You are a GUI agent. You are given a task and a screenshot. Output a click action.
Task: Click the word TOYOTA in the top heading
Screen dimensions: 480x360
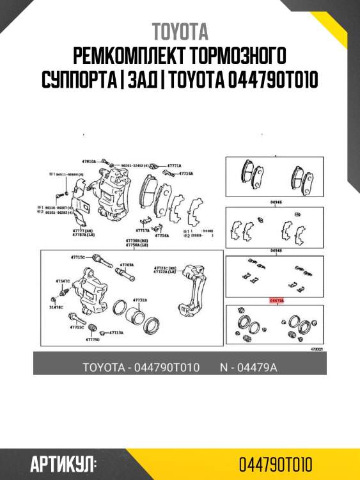[x=180, y=32]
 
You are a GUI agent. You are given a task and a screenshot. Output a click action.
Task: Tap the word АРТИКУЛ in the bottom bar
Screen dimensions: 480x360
[x=63, y=463]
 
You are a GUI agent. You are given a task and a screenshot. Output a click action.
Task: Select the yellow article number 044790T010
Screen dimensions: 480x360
[x=276, y=463]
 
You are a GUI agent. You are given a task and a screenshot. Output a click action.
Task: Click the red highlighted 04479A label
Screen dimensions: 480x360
[x=276, y=300]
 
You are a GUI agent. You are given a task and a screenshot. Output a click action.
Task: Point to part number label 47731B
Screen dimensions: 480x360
[x=139, y=300]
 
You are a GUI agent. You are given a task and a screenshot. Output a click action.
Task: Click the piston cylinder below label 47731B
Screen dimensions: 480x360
[x=136, y=317]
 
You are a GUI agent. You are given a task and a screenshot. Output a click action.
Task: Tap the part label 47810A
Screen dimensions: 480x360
[x=88, y=162]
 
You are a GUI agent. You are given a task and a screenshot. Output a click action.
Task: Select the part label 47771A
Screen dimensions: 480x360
[x=174, y=164]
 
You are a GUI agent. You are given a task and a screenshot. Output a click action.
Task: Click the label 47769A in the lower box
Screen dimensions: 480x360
[x=127, y=264]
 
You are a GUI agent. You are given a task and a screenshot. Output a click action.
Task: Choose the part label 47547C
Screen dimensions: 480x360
[x=62, y=280]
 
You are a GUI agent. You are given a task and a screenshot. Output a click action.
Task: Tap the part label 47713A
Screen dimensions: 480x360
[x=116, y=333]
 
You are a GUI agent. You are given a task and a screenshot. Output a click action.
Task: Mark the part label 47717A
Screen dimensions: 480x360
[x=142, y=229]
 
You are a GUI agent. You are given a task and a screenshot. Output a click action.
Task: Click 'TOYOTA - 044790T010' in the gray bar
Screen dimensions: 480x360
[x=141, y=367]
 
